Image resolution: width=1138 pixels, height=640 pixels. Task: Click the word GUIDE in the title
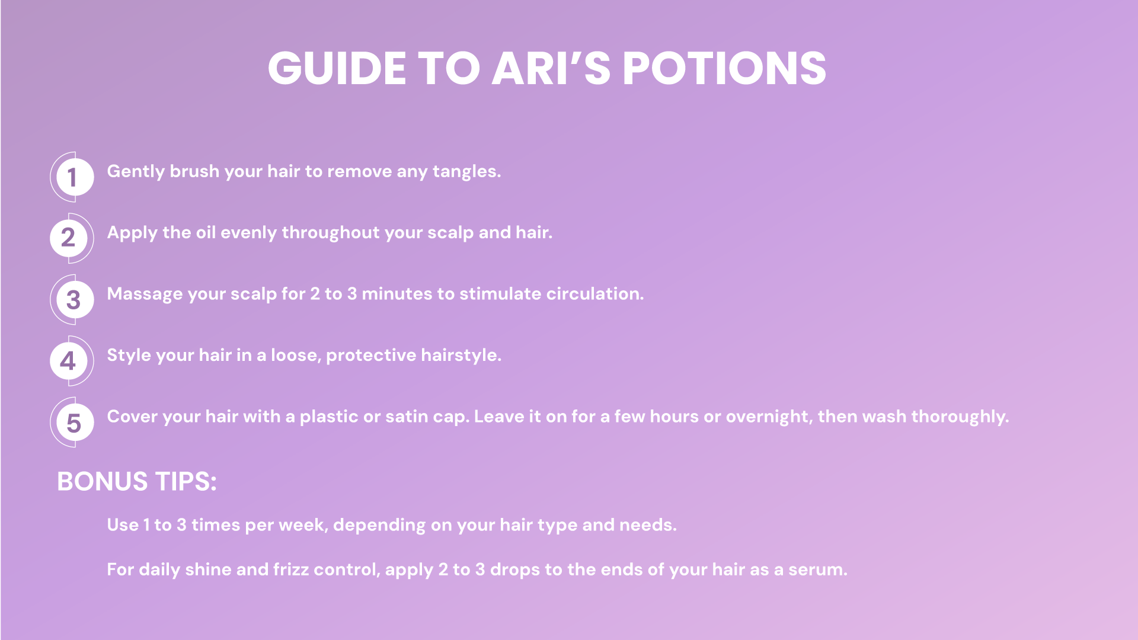[x=337, y=68]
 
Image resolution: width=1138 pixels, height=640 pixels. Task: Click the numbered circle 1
[x=72, y=177]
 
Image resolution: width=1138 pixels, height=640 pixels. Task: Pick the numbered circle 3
[x=72, y=299]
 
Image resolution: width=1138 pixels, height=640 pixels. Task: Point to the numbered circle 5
[x=72, y=422]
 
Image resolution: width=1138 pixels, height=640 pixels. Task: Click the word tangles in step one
[x=466, y=172]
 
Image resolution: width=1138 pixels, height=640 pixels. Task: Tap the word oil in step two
[x=206, y=232]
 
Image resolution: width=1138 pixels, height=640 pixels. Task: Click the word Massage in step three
[x=145, y=294]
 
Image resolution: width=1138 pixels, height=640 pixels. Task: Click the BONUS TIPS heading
[x=137, y=481]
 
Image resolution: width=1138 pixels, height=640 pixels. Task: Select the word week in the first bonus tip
[x=303, y=525]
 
